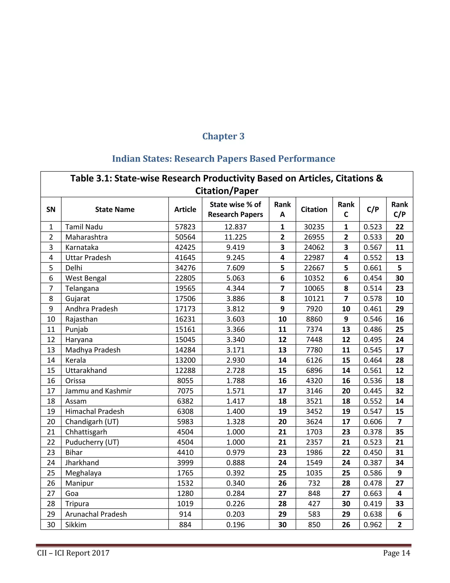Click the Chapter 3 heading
(x=223, y=136)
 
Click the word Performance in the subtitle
(x=306, y=159)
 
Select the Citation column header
(x=314, y=209)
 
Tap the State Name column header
(x=115, y=209)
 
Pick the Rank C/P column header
(x=399, y=209)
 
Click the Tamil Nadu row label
(x=84, y=227)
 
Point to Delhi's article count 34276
(x=185, y=268)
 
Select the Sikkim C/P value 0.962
(x=372, y=524)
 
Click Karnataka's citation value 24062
(x=314, y=247)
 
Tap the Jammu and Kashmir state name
(x=98, y=391)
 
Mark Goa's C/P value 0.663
(x=372, y=494)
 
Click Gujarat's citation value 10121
(x=314, y=299)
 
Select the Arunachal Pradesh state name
(x=96, y=514)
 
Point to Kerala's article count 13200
(x=185, y=360)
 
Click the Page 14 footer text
(x=396, y=553)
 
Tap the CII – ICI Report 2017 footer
(x=73, y=553)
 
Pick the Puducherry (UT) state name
(x=92, y=442)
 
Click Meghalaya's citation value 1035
(x=314, y=473)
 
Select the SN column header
(x=51, y=209)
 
